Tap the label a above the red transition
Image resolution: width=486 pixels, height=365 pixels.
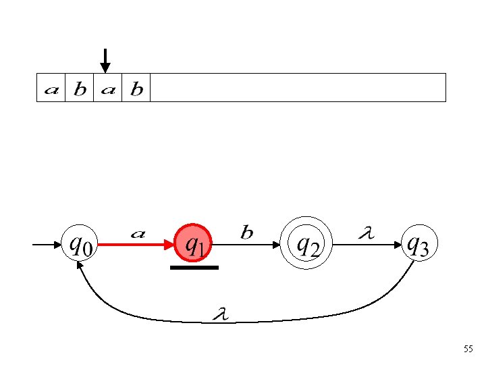click(138, 234)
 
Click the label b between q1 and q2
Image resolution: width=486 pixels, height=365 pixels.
click(247, 233)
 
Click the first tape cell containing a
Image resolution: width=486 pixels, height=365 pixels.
click(51, 89)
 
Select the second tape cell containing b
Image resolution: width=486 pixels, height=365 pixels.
click(80, 89)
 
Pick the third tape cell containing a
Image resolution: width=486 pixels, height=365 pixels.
click(108, 89)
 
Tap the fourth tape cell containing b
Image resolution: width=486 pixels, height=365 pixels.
click(136, 89)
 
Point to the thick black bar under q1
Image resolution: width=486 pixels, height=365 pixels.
click(194, 268)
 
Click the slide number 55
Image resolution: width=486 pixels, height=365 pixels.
click(468, 349)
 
